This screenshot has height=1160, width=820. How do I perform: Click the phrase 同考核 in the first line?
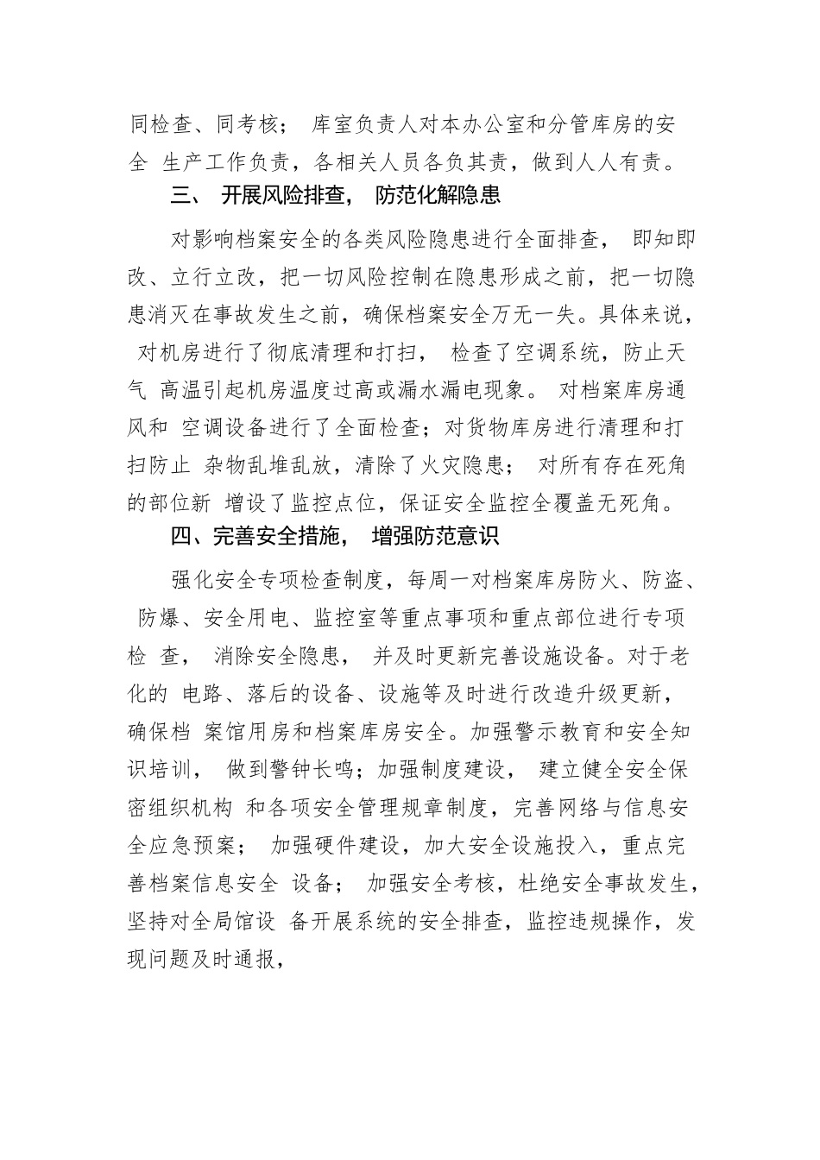tap(245, 124)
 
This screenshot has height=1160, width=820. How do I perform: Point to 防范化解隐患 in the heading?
tap(438, 196)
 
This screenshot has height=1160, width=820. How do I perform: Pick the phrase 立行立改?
tap(214, 276)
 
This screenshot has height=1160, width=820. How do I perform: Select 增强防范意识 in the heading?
tap(435, 538)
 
